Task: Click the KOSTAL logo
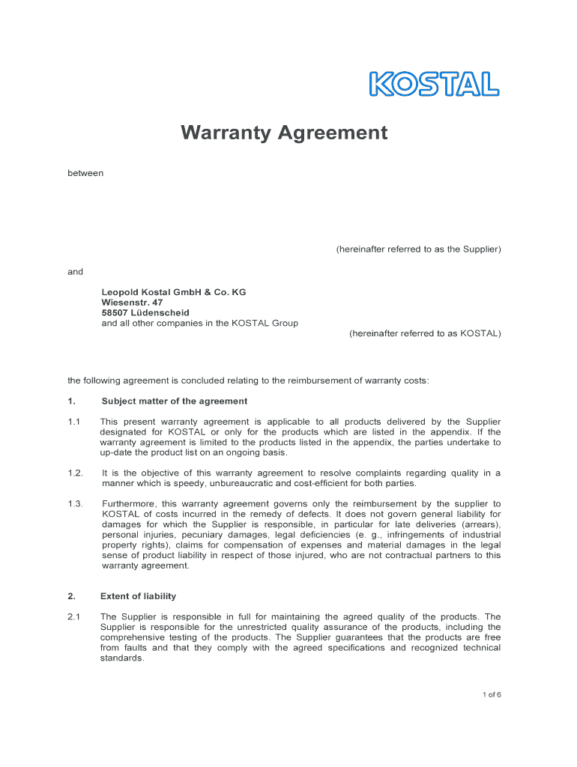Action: (x=435, y=84)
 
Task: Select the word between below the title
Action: (x=85, y=173)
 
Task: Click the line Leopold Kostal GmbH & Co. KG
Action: (x=174, y=292)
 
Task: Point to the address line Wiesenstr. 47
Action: (x=132, y=303)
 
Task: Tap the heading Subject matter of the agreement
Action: (x=175, y=401)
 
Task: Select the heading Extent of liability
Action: (x=139, y=596)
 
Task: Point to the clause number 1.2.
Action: (x=75, y=473)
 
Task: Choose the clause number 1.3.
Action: (x=75, y=504)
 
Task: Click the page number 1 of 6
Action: (x=492, y=695)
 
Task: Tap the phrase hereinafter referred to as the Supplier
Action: (x=418, y=249)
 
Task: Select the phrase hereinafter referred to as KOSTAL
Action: (x=425, y=333)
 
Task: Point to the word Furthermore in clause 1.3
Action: (x=129, y=504)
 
